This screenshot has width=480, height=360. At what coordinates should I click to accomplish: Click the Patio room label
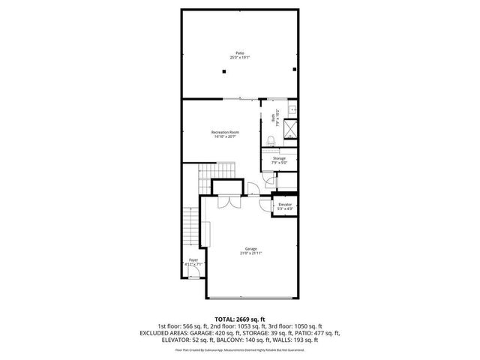[239, 55]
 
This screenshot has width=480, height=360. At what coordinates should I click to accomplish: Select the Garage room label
[250, 250]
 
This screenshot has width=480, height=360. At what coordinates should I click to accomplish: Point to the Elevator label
[284, 205]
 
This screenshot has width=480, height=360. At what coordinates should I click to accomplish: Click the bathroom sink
[292, 109]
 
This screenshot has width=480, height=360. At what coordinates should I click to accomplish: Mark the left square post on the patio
[223, 71]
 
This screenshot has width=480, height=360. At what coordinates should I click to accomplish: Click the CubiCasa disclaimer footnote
[239, 349]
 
